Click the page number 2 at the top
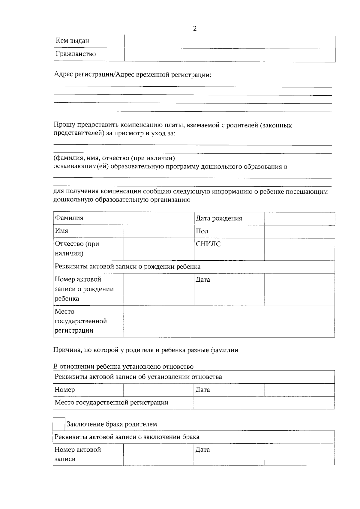[195, 29]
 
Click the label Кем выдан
[72, 41]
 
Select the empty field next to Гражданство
[230, 55]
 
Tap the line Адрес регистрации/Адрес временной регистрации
[133, 75]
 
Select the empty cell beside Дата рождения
[299, 218]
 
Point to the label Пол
[202, 231]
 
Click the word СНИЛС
[208, 244]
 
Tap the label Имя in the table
[61, 231]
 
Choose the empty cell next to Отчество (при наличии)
[159, 249]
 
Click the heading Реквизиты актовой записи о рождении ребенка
[127, 267]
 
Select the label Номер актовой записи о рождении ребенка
[84, 289]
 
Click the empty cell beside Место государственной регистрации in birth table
[229, 321]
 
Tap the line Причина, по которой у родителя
[145, 350]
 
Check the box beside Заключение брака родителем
[59, 424]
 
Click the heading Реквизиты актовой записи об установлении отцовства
[138, 377]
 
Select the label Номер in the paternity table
[65, 390]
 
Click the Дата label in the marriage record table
[202, 450]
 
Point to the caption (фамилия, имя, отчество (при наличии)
[114, 158]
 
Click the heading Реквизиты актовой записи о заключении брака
[127, 437]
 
